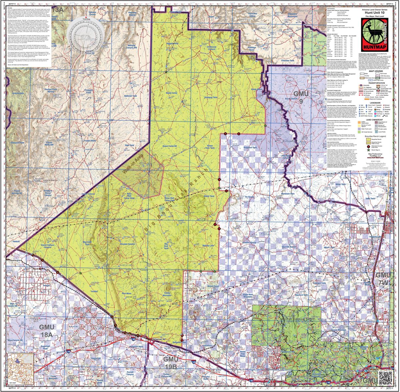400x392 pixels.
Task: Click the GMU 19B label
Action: coord(171,362)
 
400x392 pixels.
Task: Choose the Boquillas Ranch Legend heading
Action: coord(373,136)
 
